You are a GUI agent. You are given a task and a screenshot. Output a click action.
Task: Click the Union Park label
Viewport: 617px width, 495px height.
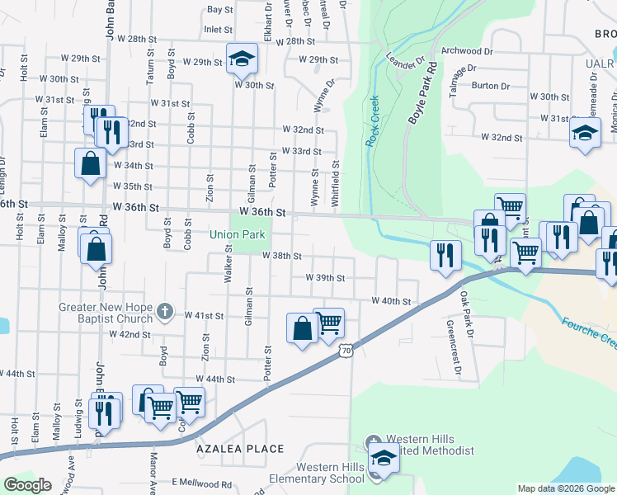(x=237, y=235)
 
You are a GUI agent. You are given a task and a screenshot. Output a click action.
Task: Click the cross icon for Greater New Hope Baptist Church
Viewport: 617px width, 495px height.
(x=165, y=311)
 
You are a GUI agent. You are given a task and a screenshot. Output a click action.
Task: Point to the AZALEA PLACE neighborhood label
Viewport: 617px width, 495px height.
(x=240, y=450)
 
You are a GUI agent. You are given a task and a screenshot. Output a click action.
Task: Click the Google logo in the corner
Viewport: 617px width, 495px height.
(x=27, y=486)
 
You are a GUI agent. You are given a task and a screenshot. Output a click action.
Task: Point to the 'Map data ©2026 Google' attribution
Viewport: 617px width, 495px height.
(x=565, y=488)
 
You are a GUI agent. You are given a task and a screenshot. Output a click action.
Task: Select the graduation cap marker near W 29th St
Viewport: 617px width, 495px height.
(x=242, y=58)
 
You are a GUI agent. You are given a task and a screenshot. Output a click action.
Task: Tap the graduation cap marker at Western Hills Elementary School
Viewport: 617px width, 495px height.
(x=384, y=457)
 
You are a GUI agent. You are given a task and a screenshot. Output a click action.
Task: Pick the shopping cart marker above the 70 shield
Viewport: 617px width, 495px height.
(x=329, y=322)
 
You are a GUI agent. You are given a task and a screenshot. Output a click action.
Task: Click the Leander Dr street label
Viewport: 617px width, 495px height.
(x=404, y=60)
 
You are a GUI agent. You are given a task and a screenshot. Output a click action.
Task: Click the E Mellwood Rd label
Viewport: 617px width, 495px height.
(x=201, y=484)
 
